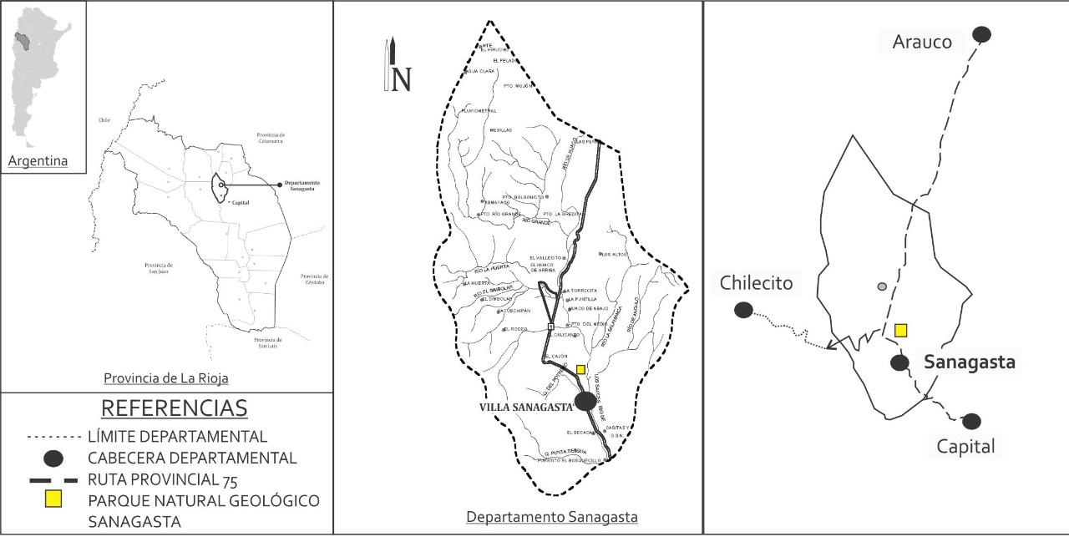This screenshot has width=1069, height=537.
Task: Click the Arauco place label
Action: (x=922, y=42)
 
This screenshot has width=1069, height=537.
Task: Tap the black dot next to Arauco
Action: (x=981, y=34)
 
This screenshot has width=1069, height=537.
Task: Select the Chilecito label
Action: (x=756, y=283)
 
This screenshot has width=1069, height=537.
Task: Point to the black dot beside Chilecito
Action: (x=743, y=311)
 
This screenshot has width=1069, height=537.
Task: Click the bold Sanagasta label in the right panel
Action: (x=969, y=362)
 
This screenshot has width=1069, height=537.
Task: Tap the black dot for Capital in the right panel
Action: (x=971, y=422)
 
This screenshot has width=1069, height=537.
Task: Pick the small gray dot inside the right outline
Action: (x=881, y=287)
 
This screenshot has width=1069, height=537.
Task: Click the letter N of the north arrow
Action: (x=402, y=79)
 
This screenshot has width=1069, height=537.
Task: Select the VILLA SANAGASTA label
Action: (x=524, y=407)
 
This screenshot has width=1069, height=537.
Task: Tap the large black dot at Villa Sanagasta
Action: (x=585, y=401)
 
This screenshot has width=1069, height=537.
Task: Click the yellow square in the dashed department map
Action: (x=580, y=369)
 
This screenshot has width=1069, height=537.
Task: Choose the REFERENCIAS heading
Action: (x=174, y=408)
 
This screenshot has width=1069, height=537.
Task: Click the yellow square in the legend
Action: (x=53, y=499)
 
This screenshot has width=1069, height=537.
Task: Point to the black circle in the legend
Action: (x=53, y=458)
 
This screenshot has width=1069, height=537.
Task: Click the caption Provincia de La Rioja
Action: (x=166, y=378)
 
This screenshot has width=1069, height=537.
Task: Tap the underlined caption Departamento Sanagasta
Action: (x=552, y=518)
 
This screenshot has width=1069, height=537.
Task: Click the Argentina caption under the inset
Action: (x=38, y=161)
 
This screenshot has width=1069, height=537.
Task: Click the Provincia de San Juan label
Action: (x=158, y=268)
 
